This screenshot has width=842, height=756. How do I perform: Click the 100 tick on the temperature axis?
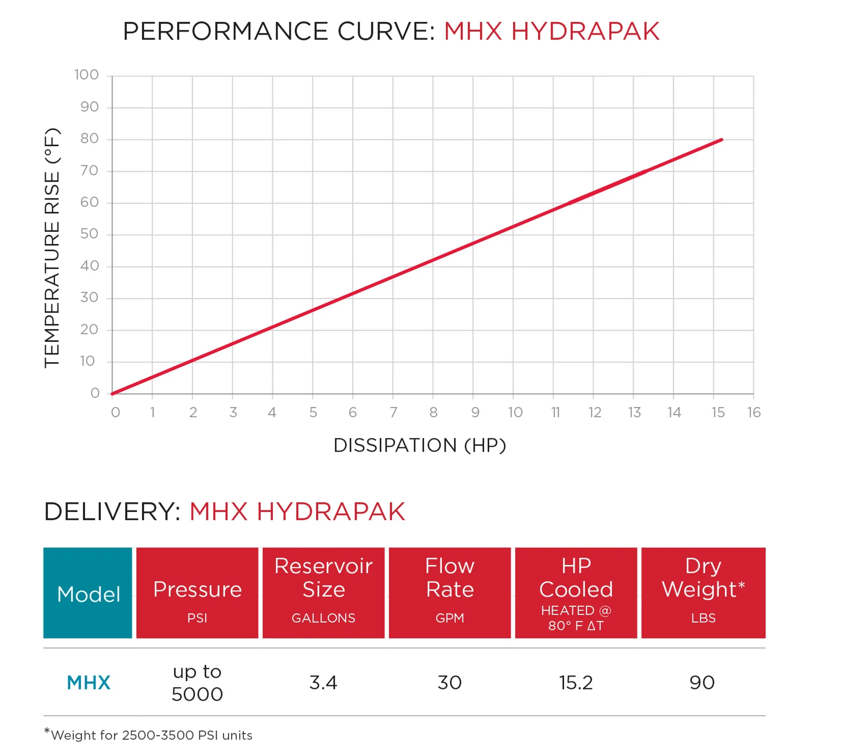click(86, 75)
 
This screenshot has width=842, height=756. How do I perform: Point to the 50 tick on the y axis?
click(89, 233)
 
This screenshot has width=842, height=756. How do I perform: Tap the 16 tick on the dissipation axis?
click(754, 412)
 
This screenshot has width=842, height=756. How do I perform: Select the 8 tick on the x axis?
click(433, 412)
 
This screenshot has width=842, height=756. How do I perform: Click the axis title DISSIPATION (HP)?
click(419, 445)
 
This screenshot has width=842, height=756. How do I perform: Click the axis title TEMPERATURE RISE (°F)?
click(52, 248)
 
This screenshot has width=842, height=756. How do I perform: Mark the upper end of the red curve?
click(722, 140)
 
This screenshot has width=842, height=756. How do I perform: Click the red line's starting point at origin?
click(112, 394)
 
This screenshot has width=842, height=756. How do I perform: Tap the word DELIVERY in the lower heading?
click(112, 512)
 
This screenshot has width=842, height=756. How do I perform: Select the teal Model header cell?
click(88, 592)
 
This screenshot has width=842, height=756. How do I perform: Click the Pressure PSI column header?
click(197, 592)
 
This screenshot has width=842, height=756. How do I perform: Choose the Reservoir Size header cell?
click(323, 592)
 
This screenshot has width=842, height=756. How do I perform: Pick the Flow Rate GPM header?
click(450, 592)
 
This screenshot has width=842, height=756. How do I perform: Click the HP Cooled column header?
click(576, 592)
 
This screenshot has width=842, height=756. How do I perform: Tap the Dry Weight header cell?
click(703, 592)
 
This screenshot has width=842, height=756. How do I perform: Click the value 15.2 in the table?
click(576, 683)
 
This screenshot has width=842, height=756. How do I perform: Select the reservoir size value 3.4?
click(323, 683)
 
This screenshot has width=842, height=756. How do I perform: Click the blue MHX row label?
click(88, 683)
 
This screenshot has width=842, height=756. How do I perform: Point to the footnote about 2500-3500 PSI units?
click(149, 735)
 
